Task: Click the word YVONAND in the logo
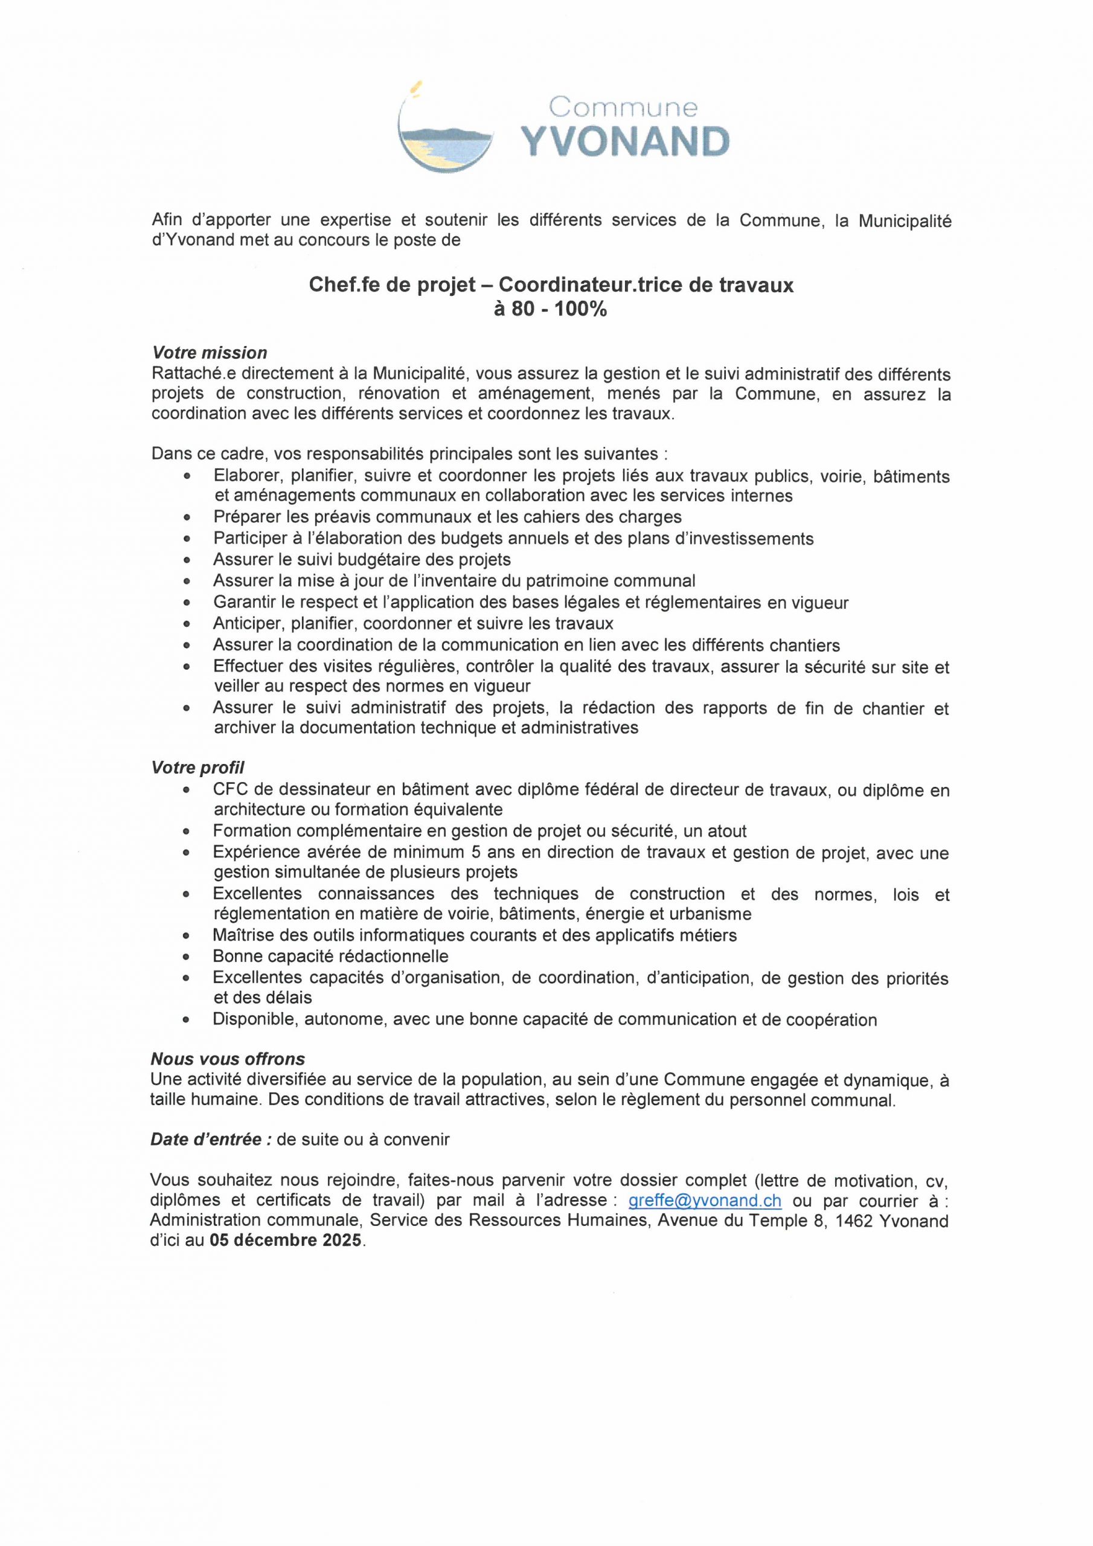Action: [x=626, y=142]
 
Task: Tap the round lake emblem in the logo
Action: [x=444, y=138]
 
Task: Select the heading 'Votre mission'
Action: [x=210, y=353]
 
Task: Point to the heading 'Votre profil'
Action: [x=198, y=768]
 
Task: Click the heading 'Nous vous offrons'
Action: [x=228, y=1059]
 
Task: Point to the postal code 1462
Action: [x=855, y=1220]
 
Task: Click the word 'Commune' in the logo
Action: [x=624, y=107]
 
